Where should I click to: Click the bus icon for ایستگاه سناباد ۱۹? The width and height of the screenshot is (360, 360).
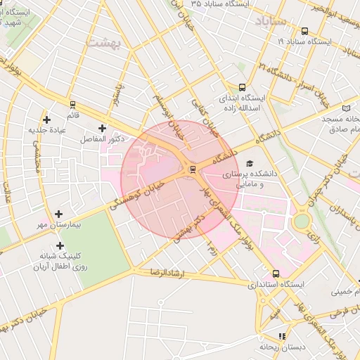pos(304,32)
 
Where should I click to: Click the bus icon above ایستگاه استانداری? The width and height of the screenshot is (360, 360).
pos(275,274)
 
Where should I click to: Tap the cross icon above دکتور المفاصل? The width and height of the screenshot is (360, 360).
pos(103,128)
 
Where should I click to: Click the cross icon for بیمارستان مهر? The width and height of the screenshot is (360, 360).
pos(58,213)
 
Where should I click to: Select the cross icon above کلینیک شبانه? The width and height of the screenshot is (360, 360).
pos(60,245)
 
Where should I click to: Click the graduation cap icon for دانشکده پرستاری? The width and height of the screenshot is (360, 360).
pos(251,163)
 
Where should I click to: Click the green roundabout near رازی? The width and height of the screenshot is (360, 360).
pos(301,221)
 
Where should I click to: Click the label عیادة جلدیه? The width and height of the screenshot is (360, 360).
pos(47,129)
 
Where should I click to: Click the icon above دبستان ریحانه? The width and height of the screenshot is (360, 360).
pos(282,336)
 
